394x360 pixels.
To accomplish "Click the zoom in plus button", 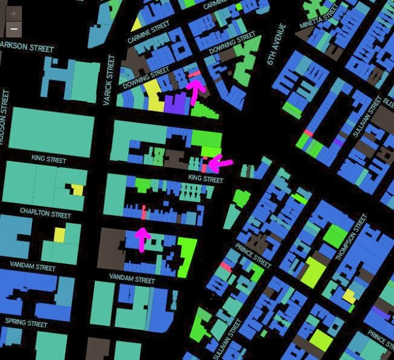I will pos(14,14).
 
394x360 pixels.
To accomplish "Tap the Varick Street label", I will pos(110,80).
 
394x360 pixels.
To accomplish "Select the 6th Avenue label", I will pos(275,44).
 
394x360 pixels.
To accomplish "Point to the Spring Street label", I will pos(26,322).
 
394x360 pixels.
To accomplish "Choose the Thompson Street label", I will pos(351,237).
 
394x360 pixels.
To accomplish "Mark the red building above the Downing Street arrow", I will pos(195,74).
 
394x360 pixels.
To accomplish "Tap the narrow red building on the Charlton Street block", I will pos(143,212).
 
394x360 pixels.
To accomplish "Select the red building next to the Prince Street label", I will pos(225,266).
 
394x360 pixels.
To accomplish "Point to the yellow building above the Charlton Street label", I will pos(77,190).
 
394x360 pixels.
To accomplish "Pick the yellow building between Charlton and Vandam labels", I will pos(58,235).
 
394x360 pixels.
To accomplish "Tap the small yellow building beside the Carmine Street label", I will pos(136,24).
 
